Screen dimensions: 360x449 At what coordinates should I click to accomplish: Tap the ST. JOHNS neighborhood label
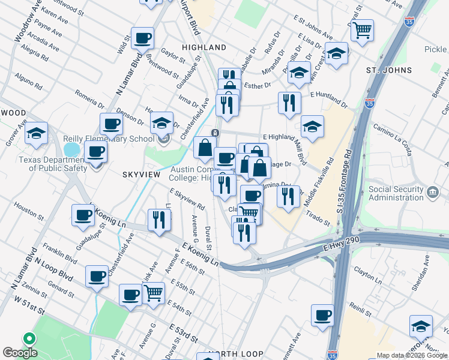[x=389, y=70]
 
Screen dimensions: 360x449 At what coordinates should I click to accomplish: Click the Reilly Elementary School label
[x=109, y=139]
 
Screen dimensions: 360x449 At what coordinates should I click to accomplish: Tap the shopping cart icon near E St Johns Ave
[x=362, y=29]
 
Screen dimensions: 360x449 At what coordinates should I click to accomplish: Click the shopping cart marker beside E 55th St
[x=154, y=293]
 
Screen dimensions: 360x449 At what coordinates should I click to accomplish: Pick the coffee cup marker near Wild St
[x=142, y=38]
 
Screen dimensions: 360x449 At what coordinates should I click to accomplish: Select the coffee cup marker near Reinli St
[x=323, y=315]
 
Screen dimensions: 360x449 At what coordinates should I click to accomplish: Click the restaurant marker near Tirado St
[x=289, y=196]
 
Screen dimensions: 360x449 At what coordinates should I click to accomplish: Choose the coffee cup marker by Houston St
[x=83, y=215]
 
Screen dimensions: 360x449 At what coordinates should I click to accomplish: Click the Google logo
[x=20, y=353]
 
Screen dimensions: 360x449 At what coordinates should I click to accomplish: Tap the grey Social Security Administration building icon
[x=433, y=193]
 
